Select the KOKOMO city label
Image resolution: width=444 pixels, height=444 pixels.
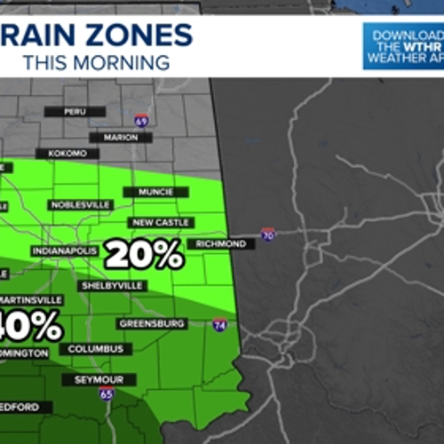[75, 154]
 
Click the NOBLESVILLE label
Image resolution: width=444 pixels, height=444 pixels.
[80, 204]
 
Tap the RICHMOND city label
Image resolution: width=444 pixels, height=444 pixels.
[217, 244]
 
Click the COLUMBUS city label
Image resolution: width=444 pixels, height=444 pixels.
[96, 349]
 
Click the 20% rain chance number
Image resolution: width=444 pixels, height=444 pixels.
[144, 256]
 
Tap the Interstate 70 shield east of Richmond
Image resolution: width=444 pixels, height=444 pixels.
[268, 234]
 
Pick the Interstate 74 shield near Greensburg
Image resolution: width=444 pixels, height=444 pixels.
[218, 326]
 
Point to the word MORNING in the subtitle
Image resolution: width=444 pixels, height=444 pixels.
[120, 63]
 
